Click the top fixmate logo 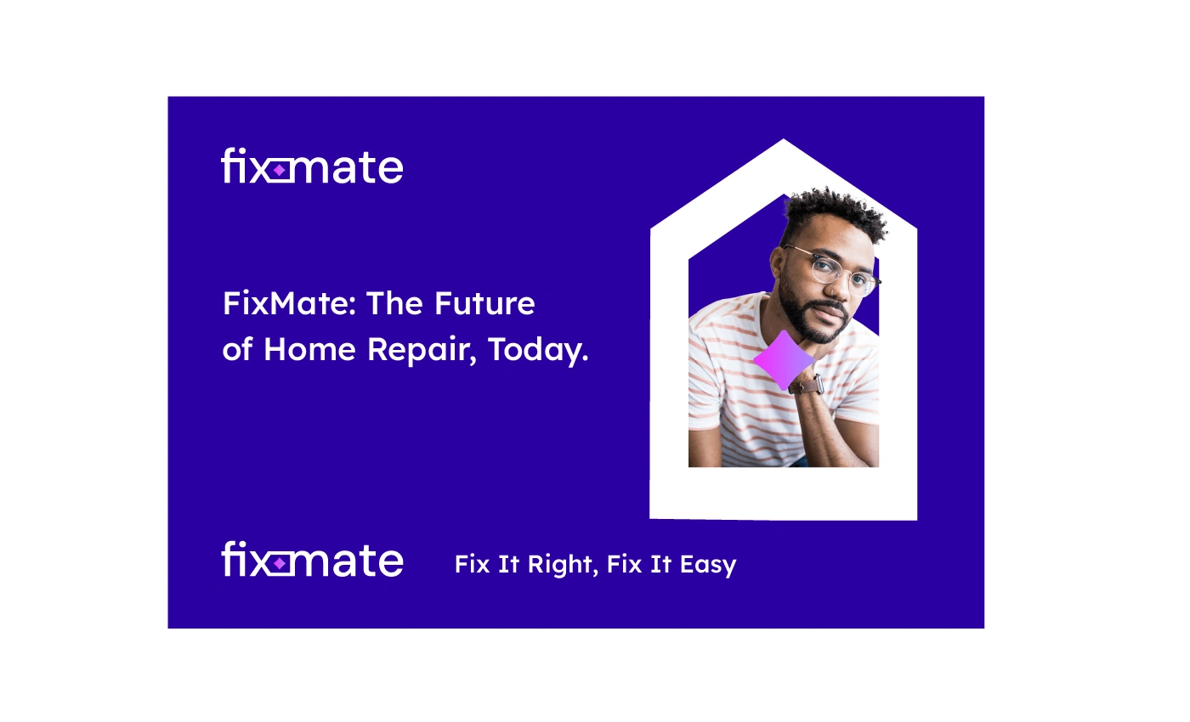313,166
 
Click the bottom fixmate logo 313,559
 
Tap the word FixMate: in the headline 289,303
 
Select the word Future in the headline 484,303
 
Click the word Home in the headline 309,349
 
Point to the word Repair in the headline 420,352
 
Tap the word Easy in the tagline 708,565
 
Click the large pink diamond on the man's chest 784,360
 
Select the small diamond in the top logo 279,171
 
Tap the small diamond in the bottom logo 279,563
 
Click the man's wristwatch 807,384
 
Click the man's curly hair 834,212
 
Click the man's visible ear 776,264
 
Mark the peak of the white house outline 783,139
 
